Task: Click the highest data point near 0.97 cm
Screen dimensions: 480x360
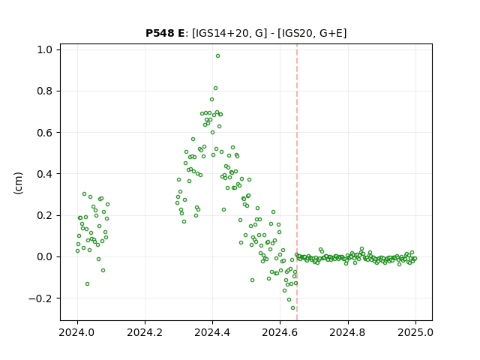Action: click(x=217, y=56)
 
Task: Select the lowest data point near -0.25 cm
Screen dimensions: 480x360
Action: click(x=292, y=308)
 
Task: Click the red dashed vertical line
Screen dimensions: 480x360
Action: click(x=297, y=182)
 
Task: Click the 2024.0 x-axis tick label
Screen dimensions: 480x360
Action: click(x=77, y=332)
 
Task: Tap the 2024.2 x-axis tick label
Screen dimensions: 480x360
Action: click(x=145, y=332)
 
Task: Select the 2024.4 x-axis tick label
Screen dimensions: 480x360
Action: click(x=212, y=332)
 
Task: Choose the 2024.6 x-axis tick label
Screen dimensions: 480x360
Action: click(x=280, y=332)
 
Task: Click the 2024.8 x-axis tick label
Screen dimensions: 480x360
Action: click(x=348, y=332)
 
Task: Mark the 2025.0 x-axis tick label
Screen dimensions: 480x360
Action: click(x=415, y=332)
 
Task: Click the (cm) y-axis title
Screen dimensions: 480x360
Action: click(x=18, y=183)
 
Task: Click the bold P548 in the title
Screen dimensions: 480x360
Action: click(x=160, y=33)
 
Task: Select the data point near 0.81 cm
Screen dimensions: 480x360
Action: click(x=215, y=88)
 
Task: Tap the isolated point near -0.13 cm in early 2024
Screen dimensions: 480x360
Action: click(x=87, y=284)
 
